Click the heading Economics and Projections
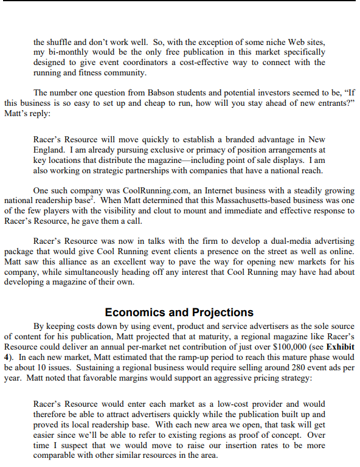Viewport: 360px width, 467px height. tap(179, 313)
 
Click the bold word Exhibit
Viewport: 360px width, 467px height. tap(339, 346)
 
